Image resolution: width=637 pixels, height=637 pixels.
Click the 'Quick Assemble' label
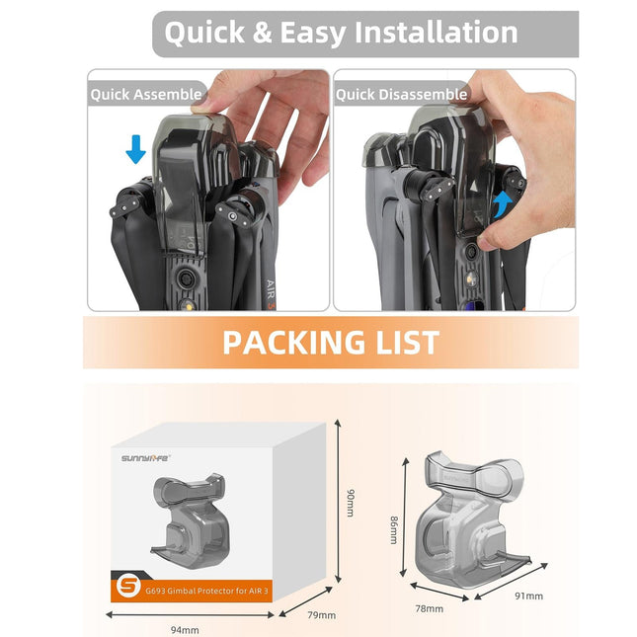coord(145,95)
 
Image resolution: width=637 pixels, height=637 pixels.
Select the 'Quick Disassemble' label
coord(401,95)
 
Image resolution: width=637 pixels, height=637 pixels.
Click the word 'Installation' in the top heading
coord(436,33)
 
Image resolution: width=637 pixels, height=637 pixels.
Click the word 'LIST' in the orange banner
coord(406,342)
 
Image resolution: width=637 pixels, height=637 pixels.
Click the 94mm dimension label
coord(185,629)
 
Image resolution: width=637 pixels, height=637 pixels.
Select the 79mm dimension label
coord(321,615)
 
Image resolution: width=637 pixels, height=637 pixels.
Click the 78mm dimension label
coord(429,609)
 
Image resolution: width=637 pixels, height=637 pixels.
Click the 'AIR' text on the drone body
coord(274,288)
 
